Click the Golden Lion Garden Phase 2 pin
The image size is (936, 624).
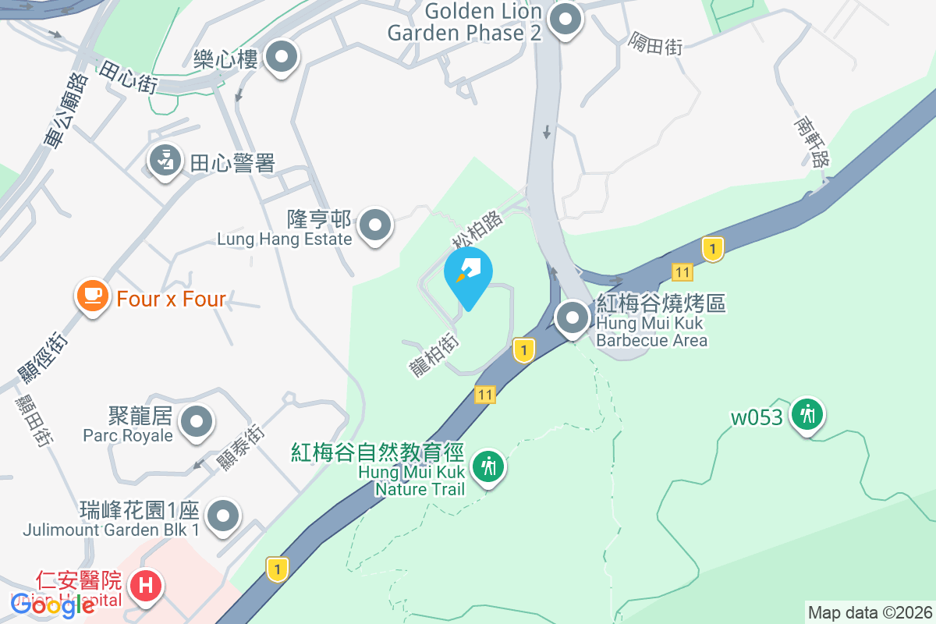(x=565, y=20)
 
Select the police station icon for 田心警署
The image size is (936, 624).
(x=165, y=161)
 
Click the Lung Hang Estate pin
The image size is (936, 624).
(x=376, y=225)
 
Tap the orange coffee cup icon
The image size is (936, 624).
(x=93, y=296)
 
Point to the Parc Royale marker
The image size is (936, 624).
(x=196, y=422)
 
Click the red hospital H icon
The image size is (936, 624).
(x=146, y=584)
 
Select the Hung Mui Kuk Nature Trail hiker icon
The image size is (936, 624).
(x=489, y=466)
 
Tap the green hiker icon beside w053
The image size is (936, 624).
(x=807, y=413)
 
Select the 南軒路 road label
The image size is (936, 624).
(x=811, y=142)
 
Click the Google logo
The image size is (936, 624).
(x=53, y=605)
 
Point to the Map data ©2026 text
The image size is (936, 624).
(x=870, y=612)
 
